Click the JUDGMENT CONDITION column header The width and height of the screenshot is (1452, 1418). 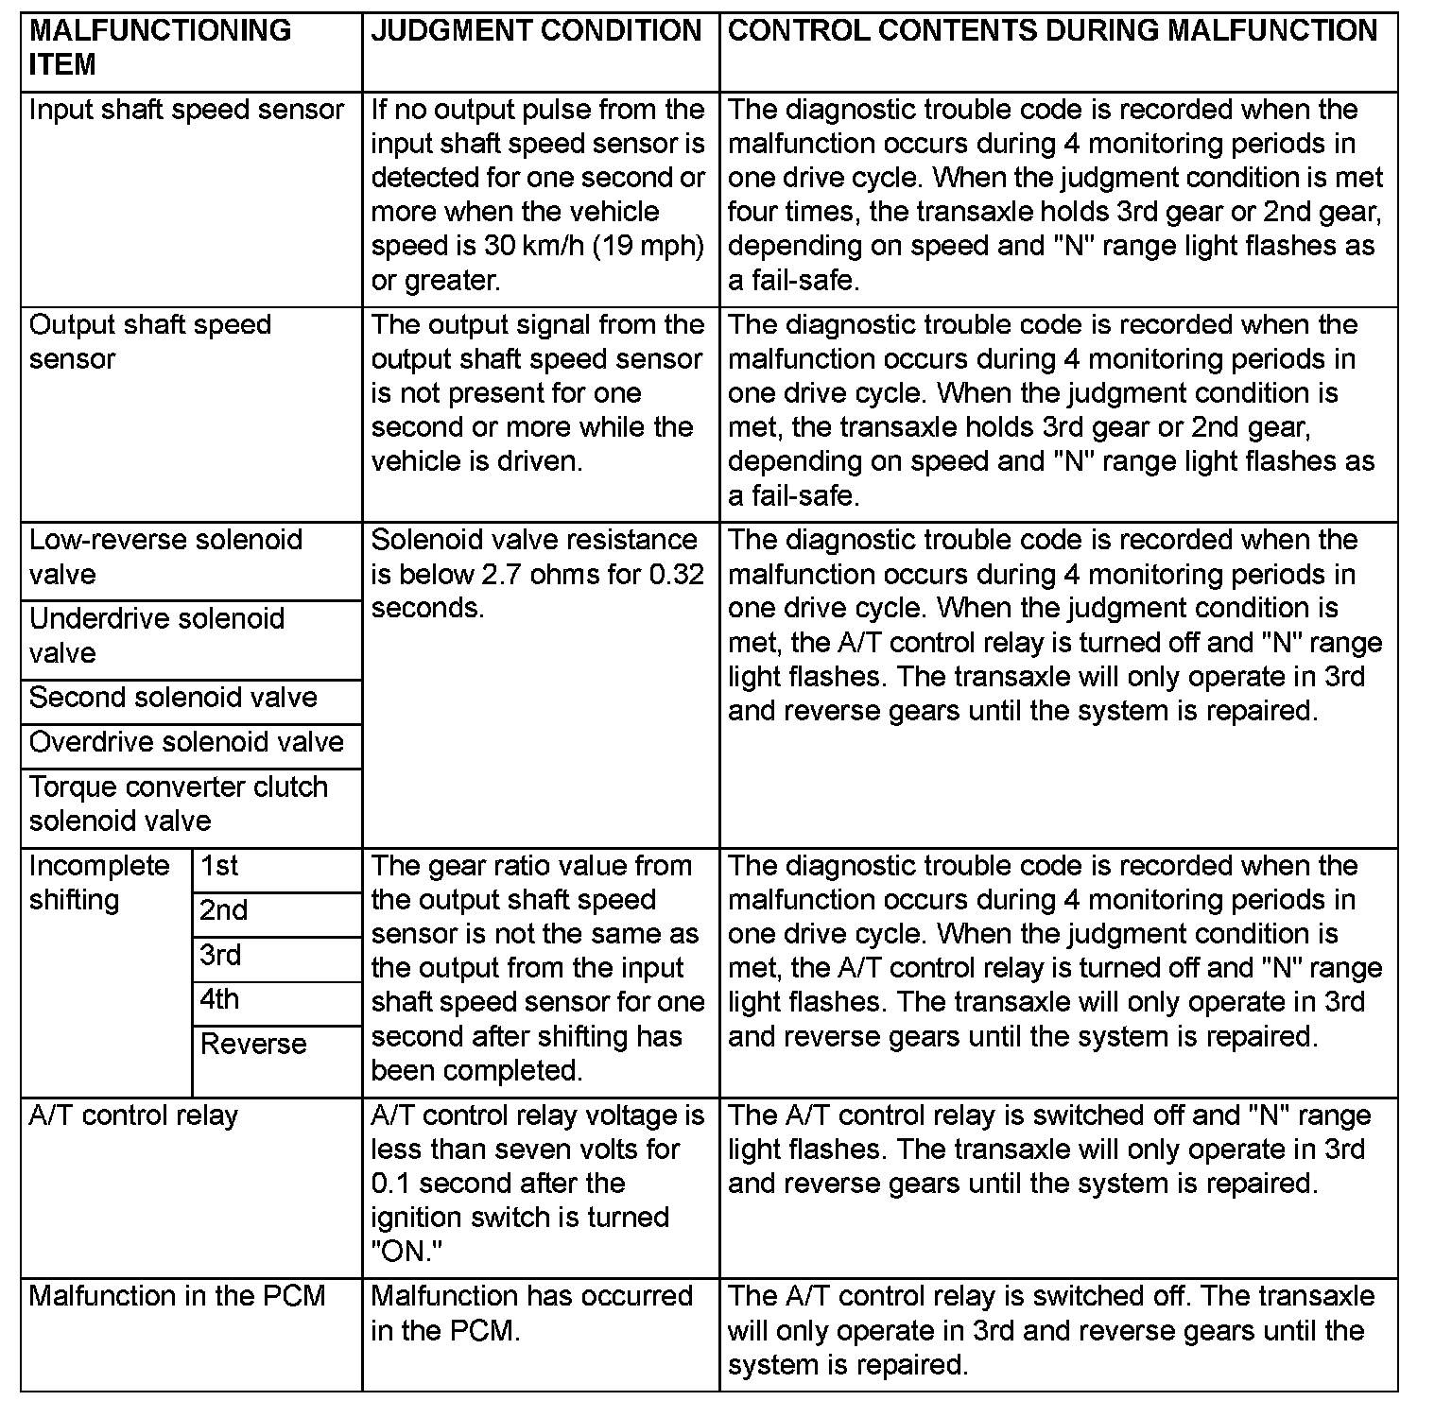[536, 31]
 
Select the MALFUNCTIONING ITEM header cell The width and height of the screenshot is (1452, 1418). [161, 47]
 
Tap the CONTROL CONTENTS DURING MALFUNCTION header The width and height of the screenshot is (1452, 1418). [1052, 31]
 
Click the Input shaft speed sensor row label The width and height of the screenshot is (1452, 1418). [186, 110]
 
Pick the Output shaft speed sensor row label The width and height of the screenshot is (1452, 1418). [150, 341]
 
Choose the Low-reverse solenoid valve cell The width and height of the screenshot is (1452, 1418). [165, 557]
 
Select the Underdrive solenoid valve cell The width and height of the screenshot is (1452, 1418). [157, 635]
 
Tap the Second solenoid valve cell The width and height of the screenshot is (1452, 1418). [173, 698]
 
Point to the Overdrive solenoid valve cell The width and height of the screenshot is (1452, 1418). [186, 742]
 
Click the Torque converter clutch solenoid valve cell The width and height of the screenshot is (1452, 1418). [179, 804]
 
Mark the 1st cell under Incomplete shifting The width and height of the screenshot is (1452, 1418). [219, 866]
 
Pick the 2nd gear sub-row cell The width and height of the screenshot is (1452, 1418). [223, 910]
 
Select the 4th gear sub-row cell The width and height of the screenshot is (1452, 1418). [219, 999]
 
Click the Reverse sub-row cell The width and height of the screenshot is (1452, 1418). [253, 1044]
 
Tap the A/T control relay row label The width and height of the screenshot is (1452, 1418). [133, 1115]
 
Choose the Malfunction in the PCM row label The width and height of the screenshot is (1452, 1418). [177, 1296]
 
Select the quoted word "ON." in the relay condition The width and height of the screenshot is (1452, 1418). [406, 1252]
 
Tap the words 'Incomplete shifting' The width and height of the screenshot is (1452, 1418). [99, 882]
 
